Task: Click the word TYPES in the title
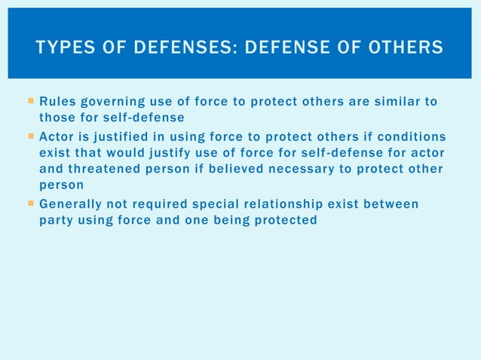point(63,48)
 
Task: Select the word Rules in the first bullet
point(56,101)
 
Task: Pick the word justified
point(122,136)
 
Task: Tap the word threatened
point(104,169)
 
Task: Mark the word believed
point(228,169)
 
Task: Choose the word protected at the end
point(284,220)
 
